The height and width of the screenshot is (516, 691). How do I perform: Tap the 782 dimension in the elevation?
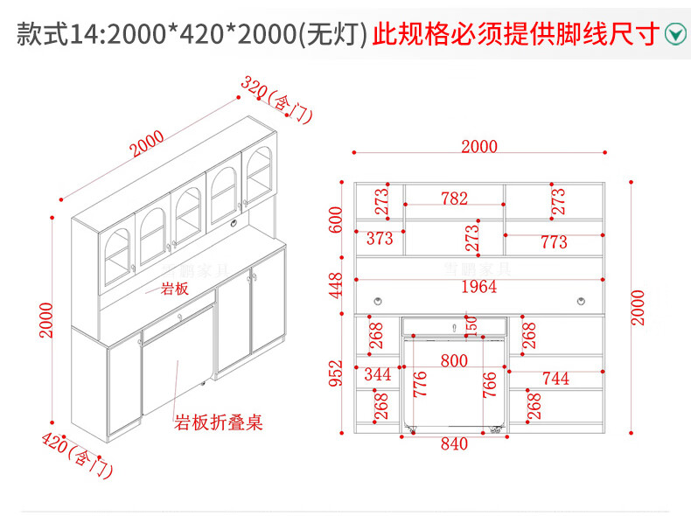tap(454, 199)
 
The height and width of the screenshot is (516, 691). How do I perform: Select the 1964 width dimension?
tap(478, 287)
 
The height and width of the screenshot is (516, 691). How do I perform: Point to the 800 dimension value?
tap(454, 359)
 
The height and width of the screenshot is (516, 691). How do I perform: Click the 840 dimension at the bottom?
tap(454, 443)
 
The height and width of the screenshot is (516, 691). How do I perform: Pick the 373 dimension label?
tap(380, 238)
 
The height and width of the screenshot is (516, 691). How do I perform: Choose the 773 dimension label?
tap(554, 242)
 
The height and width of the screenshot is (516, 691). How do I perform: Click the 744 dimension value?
tap(555, 378)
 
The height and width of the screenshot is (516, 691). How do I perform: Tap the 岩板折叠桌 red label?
tap(218, 423)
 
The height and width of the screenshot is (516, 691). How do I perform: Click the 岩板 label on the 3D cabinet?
tap(174, 289)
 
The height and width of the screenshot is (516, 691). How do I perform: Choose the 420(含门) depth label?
tap(77, 455)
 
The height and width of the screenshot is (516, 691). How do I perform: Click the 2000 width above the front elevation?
tap(478, 146)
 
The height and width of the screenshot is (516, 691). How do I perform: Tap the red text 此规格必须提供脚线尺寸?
tap(515, 34)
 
